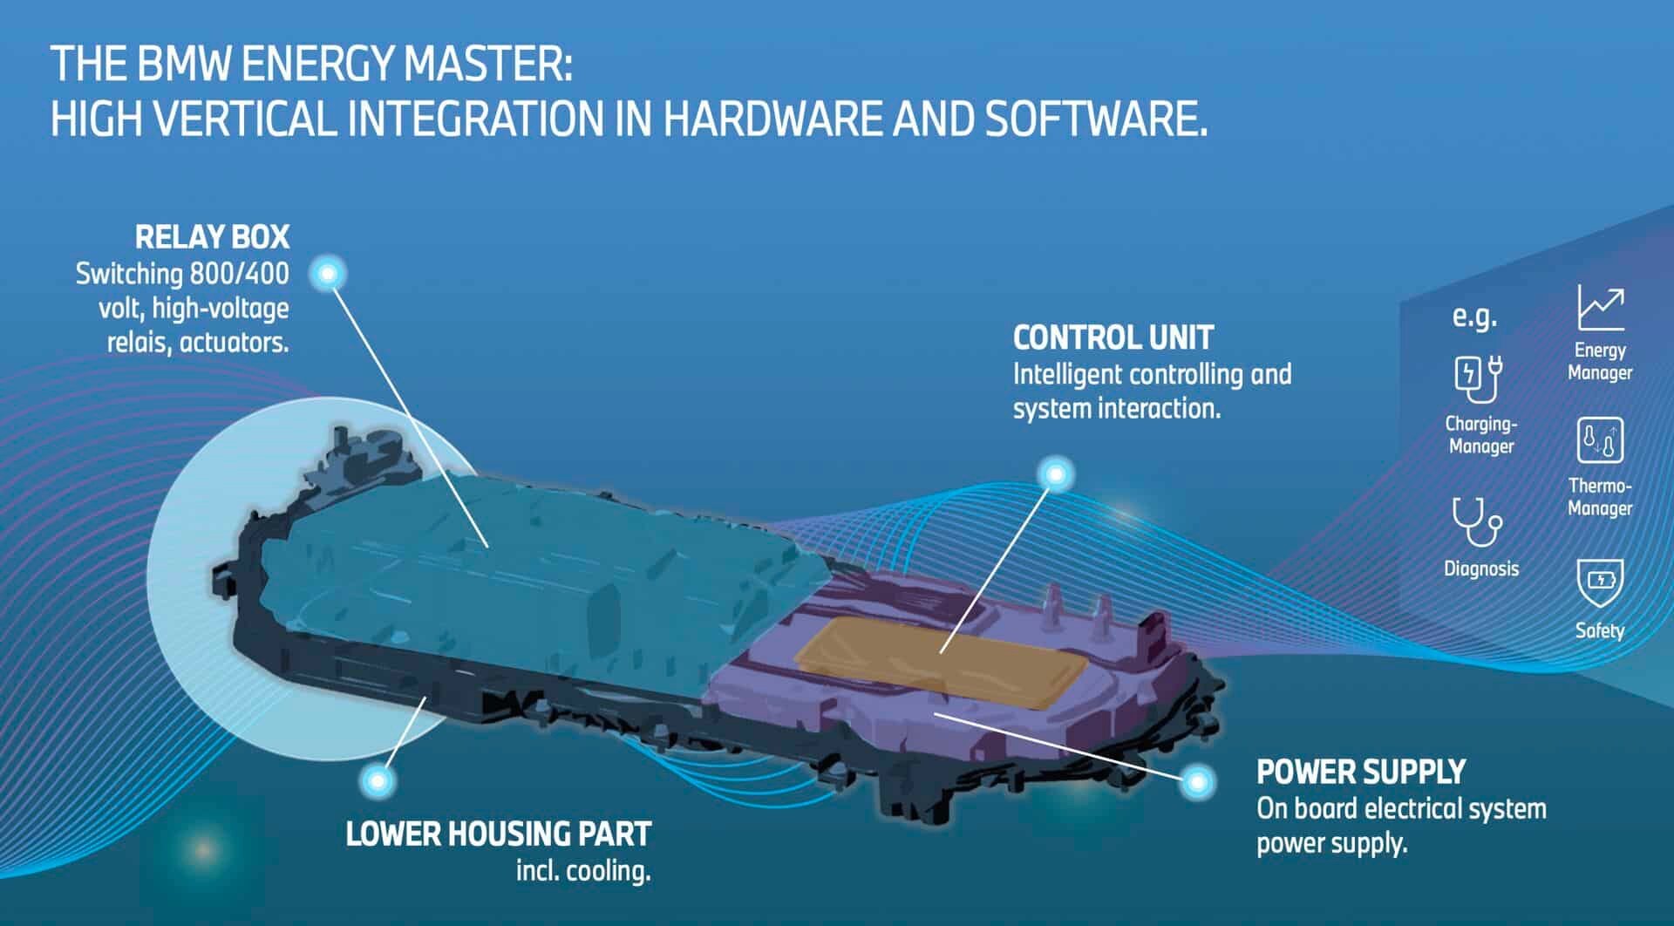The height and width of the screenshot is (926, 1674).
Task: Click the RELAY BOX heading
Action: click(212, 237)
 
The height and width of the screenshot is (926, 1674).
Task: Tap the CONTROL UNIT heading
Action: click(1113, 337)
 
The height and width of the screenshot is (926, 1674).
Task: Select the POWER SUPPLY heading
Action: click(1360, 772)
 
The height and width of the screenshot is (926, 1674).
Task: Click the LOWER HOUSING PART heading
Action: click(498, 834)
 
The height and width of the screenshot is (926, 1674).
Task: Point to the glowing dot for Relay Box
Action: click(328, 274)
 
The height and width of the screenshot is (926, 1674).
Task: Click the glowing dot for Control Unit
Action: click(1056, 474)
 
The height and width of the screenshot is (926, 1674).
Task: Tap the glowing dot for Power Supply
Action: click(1197, 781)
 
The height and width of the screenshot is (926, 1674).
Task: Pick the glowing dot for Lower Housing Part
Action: click(377, 778)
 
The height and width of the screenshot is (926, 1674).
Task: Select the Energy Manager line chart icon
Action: click(1601, 308)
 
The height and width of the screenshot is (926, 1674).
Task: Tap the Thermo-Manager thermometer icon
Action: click(1600, 440)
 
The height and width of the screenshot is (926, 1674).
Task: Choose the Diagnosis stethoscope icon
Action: click(1477, 521)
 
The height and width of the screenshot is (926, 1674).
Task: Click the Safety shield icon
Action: click(1600, 582)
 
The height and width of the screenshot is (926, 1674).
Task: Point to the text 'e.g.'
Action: click(1474, 317)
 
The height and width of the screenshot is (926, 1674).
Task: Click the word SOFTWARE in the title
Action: click(1096, 118)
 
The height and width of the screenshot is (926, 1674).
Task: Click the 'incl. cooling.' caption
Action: click(583, 870)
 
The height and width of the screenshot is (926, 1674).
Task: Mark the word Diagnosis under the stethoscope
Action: click(1481, 569)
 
